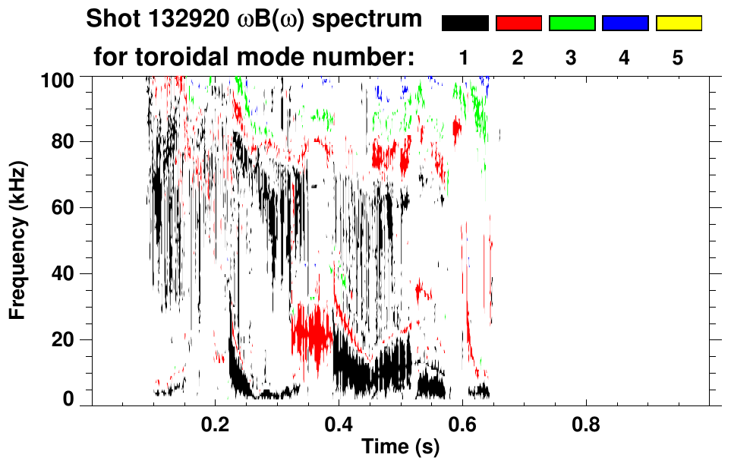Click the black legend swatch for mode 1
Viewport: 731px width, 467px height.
pyautogui.click(x=465, y=24)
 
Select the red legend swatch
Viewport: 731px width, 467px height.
pyautogui.click(x=518, y=24)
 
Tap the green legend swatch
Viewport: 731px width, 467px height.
pyautogui.click(x=572, y=24)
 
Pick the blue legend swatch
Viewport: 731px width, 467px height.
pyautogui.click(x=625, y=24)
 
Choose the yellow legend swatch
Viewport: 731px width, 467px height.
pyautogui.click(x=678, y=24)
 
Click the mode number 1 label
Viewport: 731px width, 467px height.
pyautogui.click(x=464, y=58)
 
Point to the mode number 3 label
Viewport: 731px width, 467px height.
pyautogui.click(x=571, y=58)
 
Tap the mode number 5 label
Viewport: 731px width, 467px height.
pyautogui.click(x=678, y=58)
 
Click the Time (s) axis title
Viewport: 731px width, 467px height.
pyautogui.click(x=400, y=448)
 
